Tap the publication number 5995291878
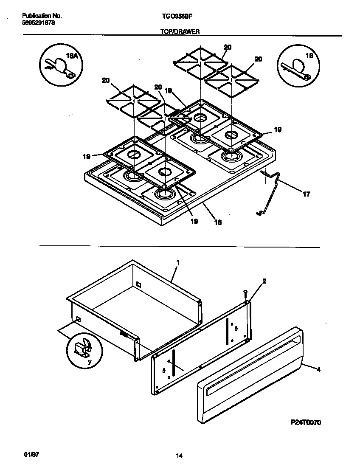[x=38, y=23]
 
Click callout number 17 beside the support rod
[x=306, y=194]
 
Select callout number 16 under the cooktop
[x=217, y=222]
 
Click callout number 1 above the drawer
[x=178, y=263]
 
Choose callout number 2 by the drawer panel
[x=264, y=281]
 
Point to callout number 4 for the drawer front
[x=318, y=370]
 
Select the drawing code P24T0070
[x=306, y=422]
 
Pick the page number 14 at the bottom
[x=179, y=456]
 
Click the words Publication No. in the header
[x=42, y=16]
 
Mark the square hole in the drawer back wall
[x=138, y=284]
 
